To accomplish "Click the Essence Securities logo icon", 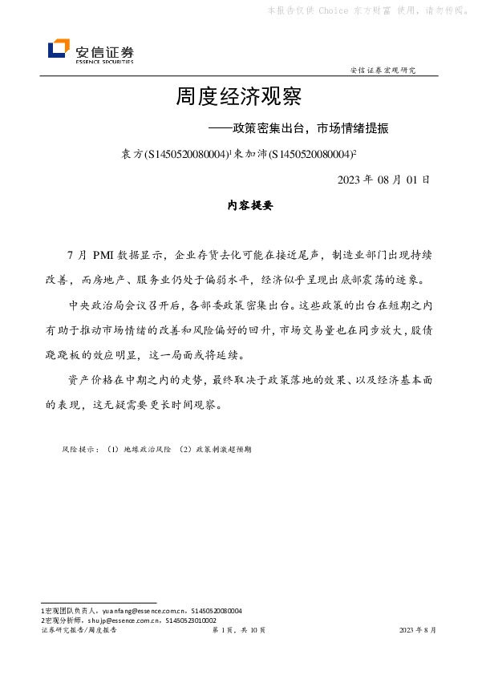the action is tap(59, 49).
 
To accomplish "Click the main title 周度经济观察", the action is tap(238, 99).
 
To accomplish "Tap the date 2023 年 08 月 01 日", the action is tap(384, 179).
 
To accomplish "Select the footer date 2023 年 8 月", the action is tap(418, 630).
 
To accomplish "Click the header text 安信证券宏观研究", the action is tap(383, 70).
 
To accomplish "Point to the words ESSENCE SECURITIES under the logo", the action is tap(104, 61).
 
